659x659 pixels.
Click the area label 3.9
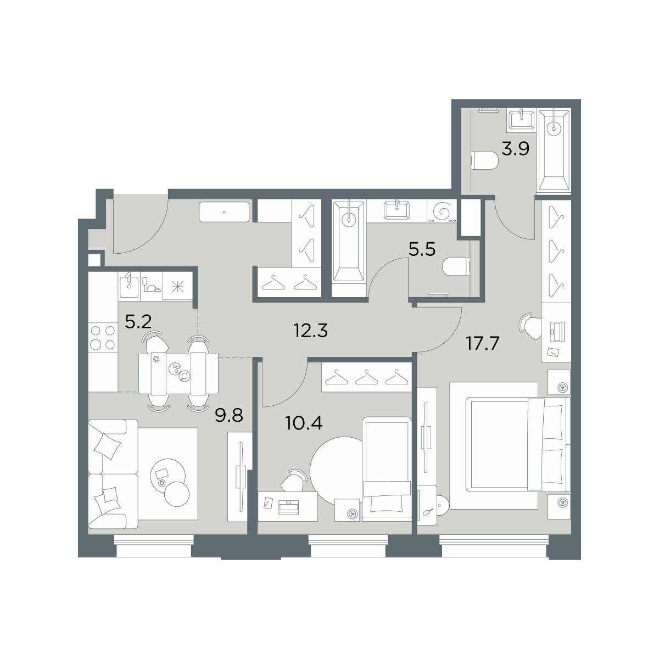(515, 149)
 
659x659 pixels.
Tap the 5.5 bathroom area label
(422, 250)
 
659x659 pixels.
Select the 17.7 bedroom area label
(483, 343)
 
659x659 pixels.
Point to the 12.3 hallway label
(310, 331)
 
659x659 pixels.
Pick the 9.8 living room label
(229, 416)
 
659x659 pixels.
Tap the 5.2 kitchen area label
(138, 322)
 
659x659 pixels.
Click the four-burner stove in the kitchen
(103, 338)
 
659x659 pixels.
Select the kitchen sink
(129, 286)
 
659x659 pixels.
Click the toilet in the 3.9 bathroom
(484, 161)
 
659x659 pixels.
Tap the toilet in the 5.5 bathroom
(456, 267)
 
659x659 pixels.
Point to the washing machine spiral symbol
(442, 211)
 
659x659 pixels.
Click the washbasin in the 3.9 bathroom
(521, 121)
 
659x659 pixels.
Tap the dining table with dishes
(178, 373)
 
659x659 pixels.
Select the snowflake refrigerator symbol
(178, 286)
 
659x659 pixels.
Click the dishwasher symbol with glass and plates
(152, 286)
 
